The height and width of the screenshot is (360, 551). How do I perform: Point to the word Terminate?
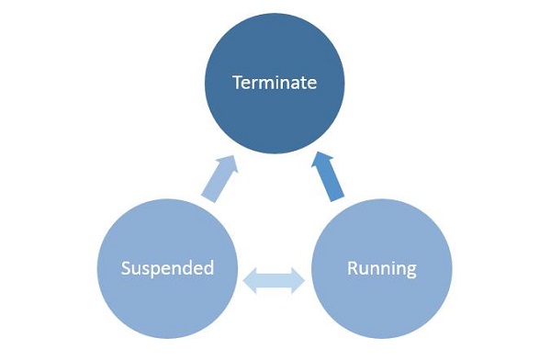[275, 83]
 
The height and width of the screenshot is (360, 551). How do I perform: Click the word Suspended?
[169, 269]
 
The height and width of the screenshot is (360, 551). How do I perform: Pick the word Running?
[381, 269]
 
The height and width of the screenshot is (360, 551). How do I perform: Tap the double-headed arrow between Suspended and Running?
[275, 280]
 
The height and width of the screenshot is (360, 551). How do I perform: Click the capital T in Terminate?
[237, 83]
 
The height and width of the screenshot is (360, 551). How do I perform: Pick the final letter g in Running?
[410, 272]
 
